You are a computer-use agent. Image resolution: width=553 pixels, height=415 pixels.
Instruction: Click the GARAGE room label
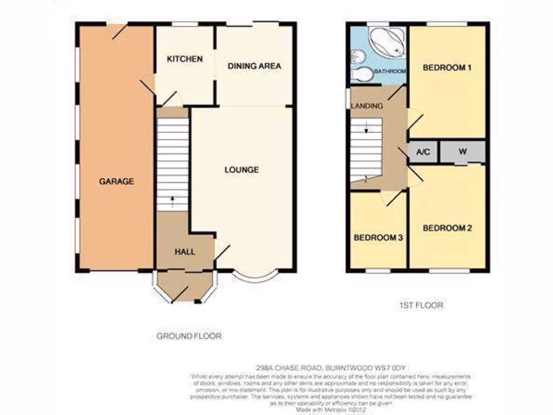(x=116, y=182)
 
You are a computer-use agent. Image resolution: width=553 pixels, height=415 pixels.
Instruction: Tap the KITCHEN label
(x=184, y=59)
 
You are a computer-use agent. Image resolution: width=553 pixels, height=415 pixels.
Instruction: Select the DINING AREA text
(x=254, y=66)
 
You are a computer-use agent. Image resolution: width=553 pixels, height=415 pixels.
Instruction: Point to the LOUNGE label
(x=241, y=170)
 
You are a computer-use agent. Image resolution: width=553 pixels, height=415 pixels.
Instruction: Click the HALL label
(x=185, y=252)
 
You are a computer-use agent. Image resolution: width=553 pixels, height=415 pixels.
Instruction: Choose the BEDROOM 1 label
(x=447, y=68)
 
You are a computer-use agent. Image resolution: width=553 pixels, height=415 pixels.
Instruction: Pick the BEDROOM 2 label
(x=447, y=228)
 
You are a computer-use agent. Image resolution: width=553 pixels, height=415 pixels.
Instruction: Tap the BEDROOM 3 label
(x=378, y=237)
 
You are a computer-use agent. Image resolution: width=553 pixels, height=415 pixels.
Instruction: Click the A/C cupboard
(x=423, y=152)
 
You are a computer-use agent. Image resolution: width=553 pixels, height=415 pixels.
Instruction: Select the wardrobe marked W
(x=463, y=152)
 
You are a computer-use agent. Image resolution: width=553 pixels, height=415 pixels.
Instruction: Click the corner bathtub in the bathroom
(x=387, y=42)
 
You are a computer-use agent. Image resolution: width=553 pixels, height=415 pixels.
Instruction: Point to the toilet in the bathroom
(x=361, y=74)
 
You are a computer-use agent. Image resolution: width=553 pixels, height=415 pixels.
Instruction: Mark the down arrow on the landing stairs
(x=366, y=128)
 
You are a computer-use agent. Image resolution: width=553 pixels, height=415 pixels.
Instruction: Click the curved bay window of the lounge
(x=257, y=278)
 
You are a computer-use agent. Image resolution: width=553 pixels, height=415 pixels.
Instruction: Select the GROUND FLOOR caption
(x=189, y=336)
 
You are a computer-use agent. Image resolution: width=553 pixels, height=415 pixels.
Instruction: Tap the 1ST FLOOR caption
(x=421, y=305)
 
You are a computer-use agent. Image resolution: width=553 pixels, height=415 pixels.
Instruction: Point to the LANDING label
(x=367, y=106)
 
